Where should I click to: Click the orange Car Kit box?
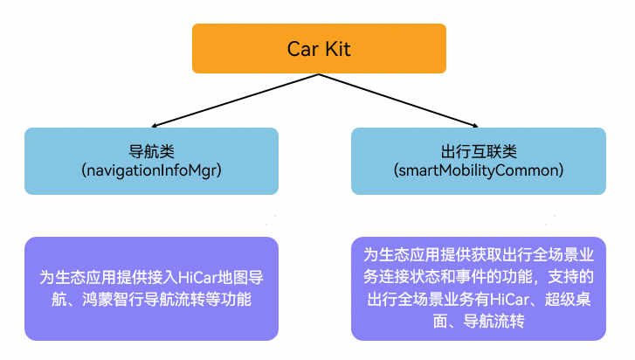(x=319, y=48)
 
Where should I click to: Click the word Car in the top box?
(x=303, y=49)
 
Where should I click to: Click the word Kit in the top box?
(x=336, y=49)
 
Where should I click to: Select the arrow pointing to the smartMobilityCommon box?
(x=402, y=99)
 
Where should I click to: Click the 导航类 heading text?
(x=151, y=150)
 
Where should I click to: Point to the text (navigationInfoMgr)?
(x=151, y=170)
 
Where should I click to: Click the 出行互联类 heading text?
(x=477, y=150)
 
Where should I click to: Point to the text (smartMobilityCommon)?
(x=477, y=170)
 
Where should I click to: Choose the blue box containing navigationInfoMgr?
(x=151, y=161)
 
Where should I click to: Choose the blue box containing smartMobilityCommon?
(x=478, y=161)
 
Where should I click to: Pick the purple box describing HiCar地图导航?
(x=151, y=288)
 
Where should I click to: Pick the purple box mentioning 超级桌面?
(x=478, y=288)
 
